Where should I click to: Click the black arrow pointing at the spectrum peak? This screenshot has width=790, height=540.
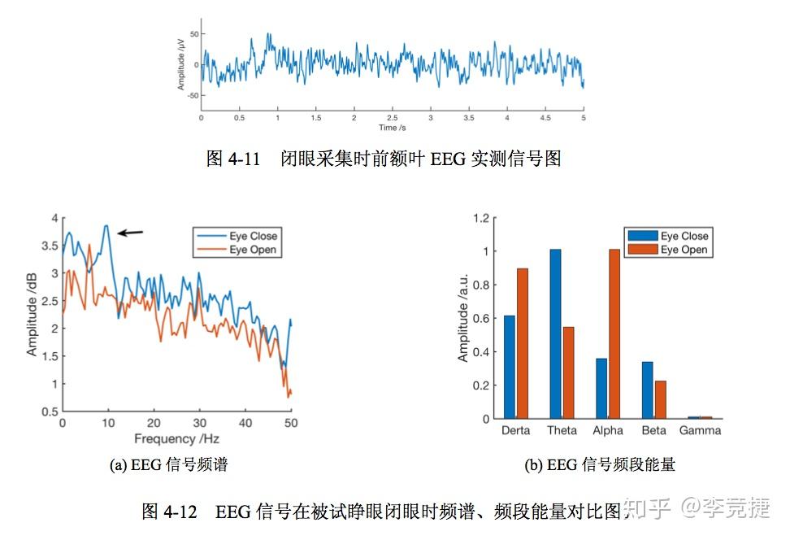130,233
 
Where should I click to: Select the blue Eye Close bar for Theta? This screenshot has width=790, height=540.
555,333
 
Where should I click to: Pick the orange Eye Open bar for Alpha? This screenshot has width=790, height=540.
614,333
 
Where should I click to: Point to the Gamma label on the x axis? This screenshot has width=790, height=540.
700,431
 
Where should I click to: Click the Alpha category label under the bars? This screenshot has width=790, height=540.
608,431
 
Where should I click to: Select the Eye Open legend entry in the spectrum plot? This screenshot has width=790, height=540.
253,250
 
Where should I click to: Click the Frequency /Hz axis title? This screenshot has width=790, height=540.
176,440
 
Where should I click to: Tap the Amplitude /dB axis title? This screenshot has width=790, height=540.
33,316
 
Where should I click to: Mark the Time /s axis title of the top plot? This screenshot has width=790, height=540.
392,128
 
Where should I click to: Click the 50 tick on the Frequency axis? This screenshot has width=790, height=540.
290,424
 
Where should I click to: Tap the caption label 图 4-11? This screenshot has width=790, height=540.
233,159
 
